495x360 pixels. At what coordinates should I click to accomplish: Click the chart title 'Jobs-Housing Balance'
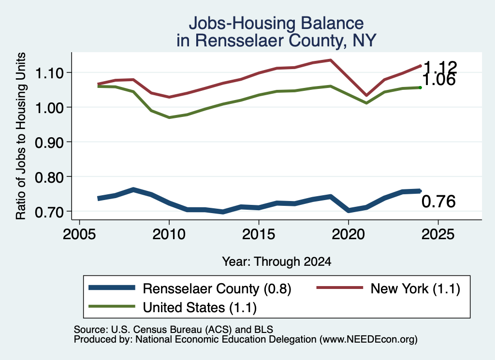tap(276, 23)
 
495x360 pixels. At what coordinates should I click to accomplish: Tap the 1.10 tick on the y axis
tap(49, 73)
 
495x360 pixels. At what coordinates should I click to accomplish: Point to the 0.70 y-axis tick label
tap(49, 212)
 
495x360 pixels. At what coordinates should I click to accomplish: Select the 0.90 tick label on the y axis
tap(49, 143)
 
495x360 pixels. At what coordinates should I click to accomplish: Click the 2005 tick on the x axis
tap(80, 234)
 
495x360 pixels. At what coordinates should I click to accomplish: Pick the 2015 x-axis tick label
tap(259, 234)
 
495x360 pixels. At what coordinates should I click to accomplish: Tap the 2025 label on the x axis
tap(438, 234)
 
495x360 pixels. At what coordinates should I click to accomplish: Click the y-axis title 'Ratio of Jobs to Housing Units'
tap(21, 136)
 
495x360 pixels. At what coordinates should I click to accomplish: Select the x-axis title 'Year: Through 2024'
tap(277, 261)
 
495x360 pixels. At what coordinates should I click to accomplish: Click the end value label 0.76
tap(438, 202)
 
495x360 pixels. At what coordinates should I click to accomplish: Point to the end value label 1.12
tap(440, 67)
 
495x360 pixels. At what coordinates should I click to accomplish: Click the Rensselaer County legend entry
tap(189, 288)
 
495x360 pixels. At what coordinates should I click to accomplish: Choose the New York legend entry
tap(388, 288)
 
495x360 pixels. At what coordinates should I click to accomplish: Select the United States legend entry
tap(173, 307)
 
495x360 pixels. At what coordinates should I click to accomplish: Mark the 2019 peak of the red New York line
tap(330, 59)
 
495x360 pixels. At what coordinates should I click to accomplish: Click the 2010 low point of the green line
tap(169, 117)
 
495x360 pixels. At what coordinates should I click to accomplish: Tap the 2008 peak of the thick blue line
tap(133, 189)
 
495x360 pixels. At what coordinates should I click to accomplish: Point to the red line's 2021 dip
tap(366, 95)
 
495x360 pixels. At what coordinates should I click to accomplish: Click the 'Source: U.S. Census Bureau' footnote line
tap(174, 330)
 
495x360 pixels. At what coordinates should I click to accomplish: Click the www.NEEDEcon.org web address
tap(368, 339)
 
